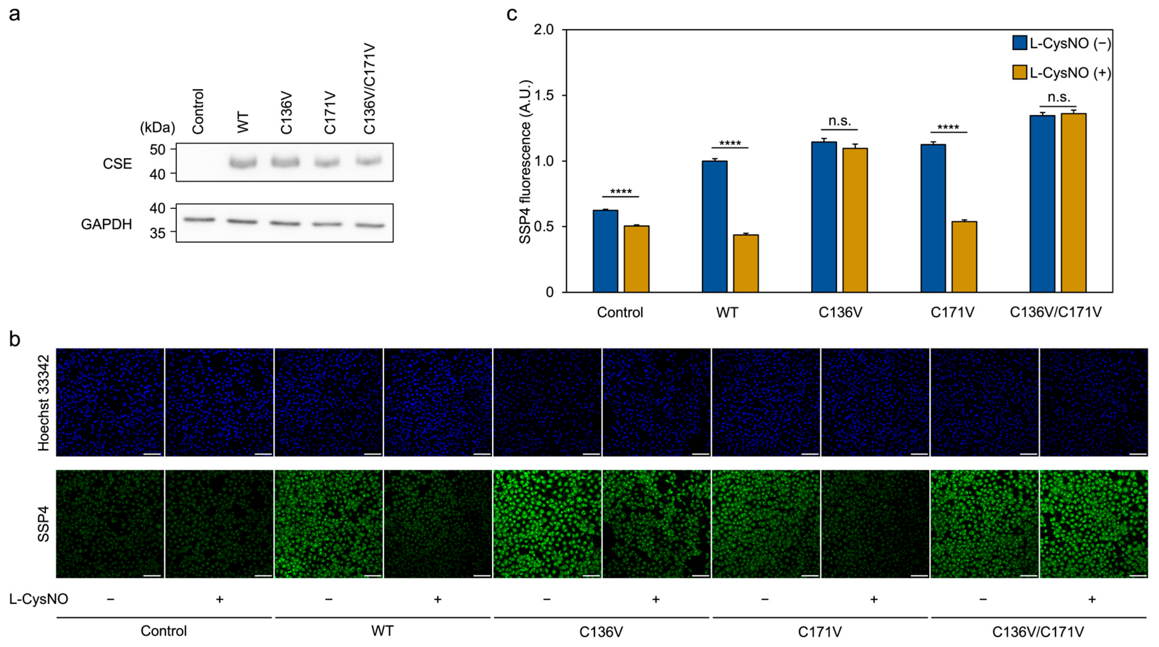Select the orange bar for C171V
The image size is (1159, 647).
point(964,256)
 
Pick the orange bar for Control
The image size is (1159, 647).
point(637,259)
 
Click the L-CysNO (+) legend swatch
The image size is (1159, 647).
point(1019,72)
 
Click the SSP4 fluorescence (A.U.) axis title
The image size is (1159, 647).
point(525,162)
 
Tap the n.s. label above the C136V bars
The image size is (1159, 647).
point(839,121)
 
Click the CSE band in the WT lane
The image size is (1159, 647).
point(243,162)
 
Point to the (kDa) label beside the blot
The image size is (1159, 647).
point(158,128)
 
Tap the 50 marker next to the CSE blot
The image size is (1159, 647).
point(158,149)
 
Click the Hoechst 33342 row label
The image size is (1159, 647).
point(43,403)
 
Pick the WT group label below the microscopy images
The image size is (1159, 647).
point(382,631)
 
